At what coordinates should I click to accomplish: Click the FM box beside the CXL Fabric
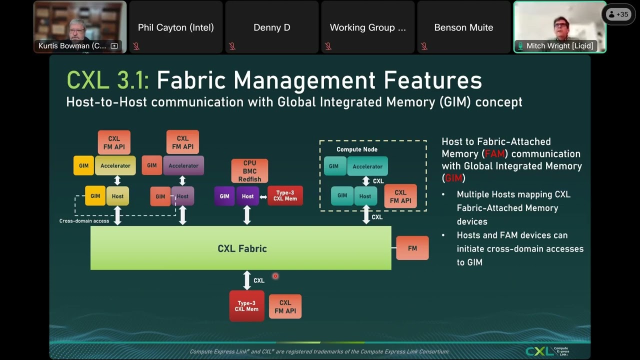pos(412,248)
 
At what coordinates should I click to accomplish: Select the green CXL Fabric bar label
pos(242,248)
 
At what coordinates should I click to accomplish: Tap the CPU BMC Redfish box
pos(249,171)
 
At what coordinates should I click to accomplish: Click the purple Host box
pos(247,196)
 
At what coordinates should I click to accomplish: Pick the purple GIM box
pos(224,196)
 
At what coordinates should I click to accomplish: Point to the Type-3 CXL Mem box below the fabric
pos(246,306)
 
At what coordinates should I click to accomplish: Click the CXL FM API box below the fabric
pos(285,306)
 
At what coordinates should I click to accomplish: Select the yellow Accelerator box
pos(115,165)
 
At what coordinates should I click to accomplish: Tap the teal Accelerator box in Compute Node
pos(367,166)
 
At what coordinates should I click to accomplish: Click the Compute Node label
pos(357,149)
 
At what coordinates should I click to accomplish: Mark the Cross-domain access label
pos(84,221)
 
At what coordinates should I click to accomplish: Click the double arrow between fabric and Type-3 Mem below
pos(246,280)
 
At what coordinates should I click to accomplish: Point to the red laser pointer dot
pos(275,276)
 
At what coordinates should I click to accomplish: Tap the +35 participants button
pos(619,14)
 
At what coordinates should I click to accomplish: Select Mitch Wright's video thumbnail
pos(559,26)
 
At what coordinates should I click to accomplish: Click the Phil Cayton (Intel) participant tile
pos(175,27)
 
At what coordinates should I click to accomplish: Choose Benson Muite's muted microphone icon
pos(424,46)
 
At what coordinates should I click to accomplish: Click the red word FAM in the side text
pos(494,154)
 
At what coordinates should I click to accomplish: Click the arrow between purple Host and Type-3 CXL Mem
pos(263,196)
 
